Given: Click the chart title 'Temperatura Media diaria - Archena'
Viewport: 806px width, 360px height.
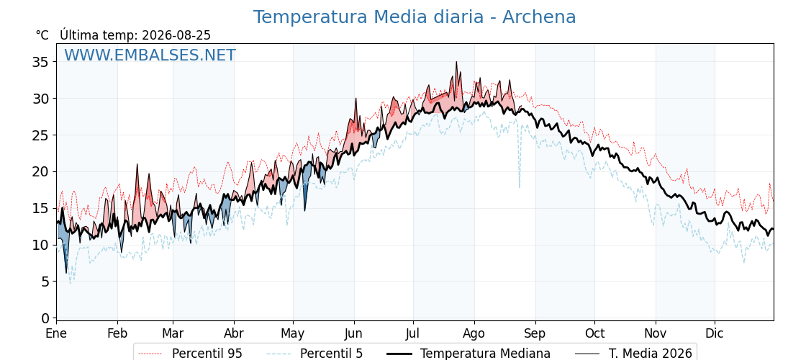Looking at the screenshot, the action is (415, 17).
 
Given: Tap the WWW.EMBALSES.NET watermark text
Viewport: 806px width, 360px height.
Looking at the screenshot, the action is (150, 55).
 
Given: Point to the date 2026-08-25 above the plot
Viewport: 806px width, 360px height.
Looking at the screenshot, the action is (176, 35).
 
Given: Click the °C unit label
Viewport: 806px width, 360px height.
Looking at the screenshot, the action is (42, 35).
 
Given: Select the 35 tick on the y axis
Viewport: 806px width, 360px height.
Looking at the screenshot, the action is (40, 62).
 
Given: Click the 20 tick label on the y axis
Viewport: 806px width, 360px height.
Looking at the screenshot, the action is (40, 172).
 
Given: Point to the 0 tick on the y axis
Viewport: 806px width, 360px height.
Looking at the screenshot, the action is (45, 318).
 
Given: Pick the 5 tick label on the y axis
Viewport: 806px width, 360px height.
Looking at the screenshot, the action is (45, 282).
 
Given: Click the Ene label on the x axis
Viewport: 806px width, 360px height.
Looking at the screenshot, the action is (56, 333).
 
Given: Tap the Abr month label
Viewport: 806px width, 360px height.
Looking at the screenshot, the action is (234, 333).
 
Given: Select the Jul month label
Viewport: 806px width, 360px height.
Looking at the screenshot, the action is (413, 333).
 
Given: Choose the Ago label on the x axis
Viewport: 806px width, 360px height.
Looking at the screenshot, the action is (474, 333).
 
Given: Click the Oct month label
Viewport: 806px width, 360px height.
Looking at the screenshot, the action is (594, 333).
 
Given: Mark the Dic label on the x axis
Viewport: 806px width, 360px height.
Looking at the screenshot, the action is (715, 333).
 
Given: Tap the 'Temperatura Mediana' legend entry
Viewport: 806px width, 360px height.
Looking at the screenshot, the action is (467, 354).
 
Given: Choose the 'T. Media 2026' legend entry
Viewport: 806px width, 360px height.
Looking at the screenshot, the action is (634, 354).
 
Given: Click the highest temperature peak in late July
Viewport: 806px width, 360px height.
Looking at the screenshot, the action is (456, 62).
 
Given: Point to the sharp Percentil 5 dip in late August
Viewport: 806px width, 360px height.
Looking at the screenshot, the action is (519, 186).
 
